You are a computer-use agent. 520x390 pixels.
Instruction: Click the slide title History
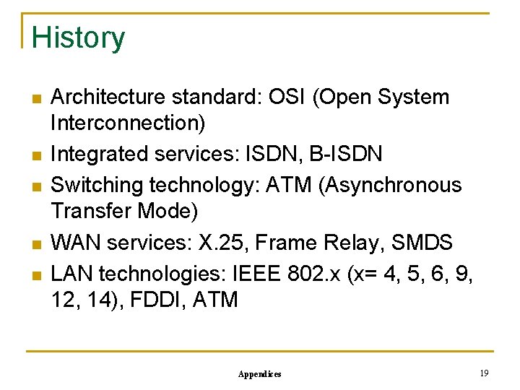tap(78, 38)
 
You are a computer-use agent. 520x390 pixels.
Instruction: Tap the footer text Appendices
tap(259, 374)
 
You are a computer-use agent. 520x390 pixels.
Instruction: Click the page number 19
tap(484, 373)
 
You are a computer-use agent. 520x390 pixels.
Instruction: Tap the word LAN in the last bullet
tap(72, 273)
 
